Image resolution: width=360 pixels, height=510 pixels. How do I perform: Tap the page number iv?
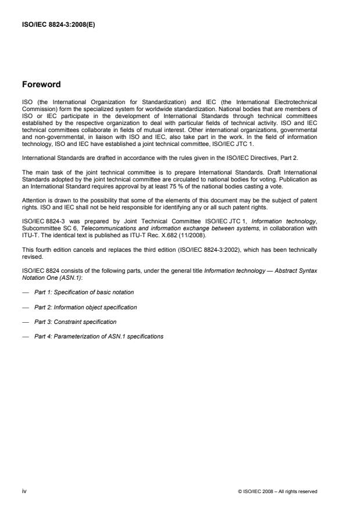coord(24,491)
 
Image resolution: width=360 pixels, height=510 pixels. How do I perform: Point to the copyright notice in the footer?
coord(277,491)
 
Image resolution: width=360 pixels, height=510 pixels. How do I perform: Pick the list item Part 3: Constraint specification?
coord(75,322)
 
